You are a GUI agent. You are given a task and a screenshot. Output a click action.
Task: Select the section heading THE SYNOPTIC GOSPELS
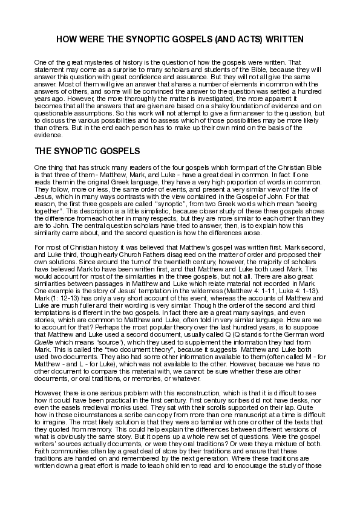coord(88,150)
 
